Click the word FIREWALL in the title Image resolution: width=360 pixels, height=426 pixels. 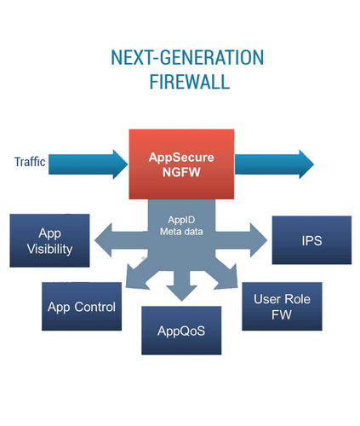coord(190,82)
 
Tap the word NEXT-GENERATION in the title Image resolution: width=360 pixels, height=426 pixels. coord(187,58)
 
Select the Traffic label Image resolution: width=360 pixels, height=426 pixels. coord(30,162)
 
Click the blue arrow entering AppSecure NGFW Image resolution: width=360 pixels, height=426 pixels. coord(89,164)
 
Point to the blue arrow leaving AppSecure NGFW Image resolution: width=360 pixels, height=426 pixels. coord(274,164)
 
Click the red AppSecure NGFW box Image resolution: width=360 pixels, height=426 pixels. coord(181,164)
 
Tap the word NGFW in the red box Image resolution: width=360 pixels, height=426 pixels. coord(181,172)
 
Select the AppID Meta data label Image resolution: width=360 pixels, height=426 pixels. coord(181,226)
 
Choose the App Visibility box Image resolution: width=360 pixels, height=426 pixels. coord(49,240)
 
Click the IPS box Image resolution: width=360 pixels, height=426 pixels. coord(311,240)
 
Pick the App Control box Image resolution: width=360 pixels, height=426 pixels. coord(82,307)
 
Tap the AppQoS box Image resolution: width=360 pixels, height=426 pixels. coord(181,331)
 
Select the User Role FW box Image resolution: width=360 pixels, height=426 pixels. coord(282,307)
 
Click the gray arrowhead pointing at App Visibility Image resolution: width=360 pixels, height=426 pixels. coord(103,240)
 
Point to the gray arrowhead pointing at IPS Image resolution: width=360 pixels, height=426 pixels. coord(259,240)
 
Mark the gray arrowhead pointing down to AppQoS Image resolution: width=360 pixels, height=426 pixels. coord(181,293)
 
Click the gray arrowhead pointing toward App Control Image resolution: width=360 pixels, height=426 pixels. coord(136,279)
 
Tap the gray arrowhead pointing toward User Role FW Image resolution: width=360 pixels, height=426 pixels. coord(227,279)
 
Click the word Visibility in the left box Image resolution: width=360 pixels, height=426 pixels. coord(49,249)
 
